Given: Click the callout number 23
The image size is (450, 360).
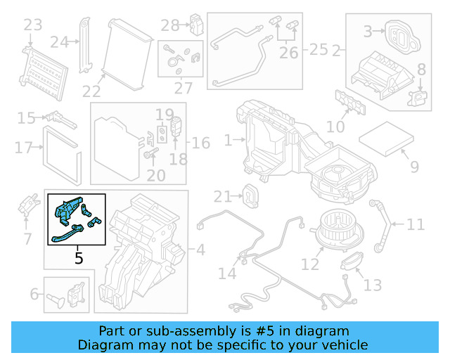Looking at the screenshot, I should [x=33, y=26].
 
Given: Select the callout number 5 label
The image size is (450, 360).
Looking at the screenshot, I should [x=79, y=258].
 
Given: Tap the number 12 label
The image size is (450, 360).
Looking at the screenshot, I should [x=310, y=265].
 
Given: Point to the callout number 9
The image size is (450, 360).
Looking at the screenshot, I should [x=414, y=167].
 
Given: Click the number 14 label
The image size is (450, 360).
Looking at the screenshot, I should [x=227, y=273].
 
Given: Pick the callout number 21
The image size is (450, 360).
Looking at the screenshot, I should [x=222, y=196].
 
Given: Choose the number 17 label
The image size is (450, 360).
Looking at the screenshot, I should [x=24, y=148].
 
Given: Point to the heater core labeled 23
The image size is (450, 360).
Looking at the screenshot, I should [x=46, y=71].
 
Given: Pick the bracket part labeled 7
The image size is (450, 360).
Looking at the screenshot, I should [x=30, y=204].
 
